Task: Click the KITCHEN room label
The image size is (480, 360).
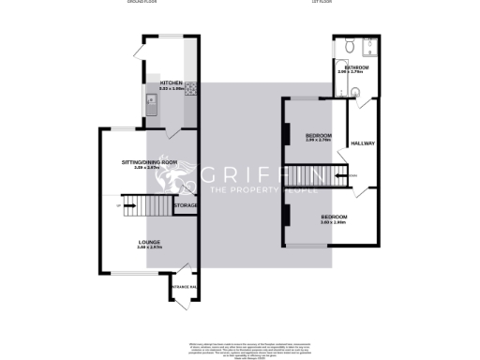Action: pyautogui.click(x=171, y=83)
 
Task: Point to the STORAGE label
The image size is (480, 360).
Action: pyautogui.click(x=186, y=205)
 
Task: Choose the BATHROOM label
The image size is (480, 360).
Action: pyautogui.click(x=356, y=67)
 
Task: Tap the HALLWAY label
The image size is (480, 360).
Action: pyautogui.click(x=362, y=143)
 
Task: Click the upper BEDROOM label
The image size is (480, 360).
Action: pyautogui.click(x=319, y=137)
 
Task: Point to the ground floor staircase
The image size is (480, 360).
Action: pyautogui.click(x=145, y=204)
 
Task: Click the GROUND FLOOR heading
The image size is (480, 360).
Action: pyautogui.click(x=142, y=3)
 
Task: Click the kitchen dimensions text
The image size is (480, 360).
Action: pyautogui.click(x=171, y=88)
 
